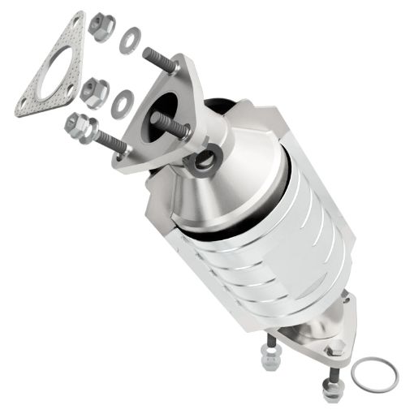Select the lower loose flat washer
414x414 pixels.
coord(123,100)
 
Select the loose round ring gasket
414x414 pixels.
coord(374,372)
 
